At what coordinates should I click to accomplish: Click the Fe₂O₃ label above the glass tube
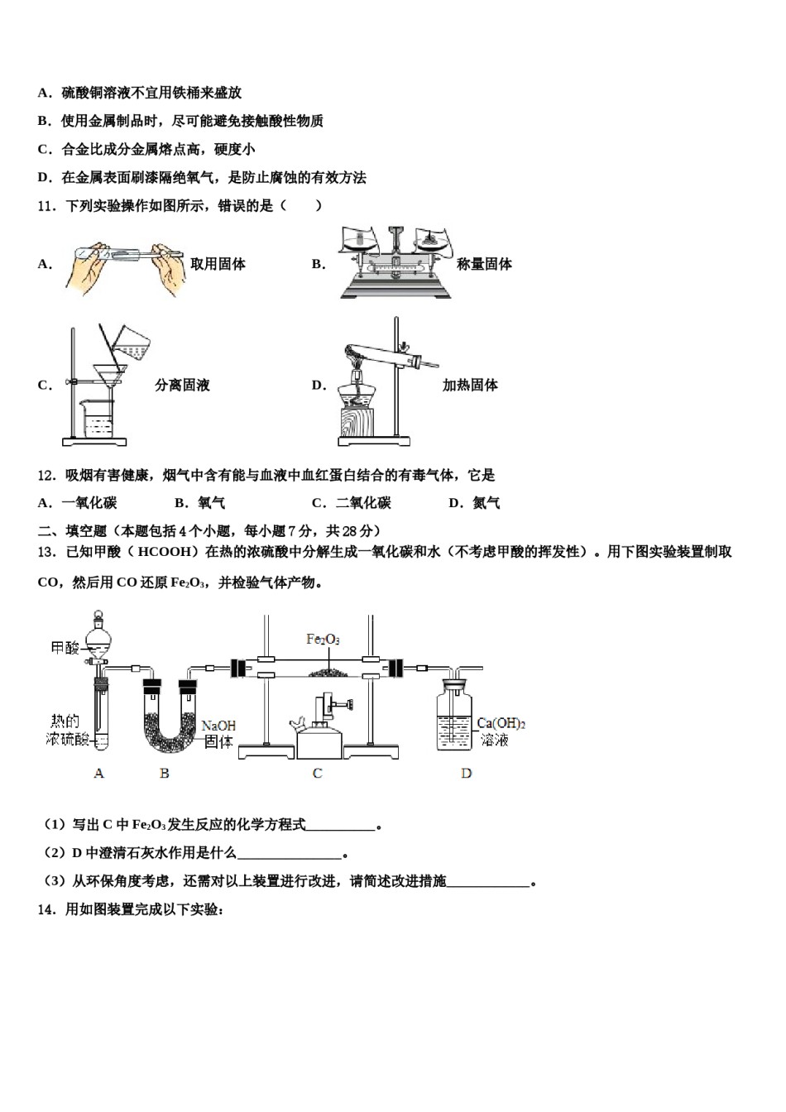coord(323,639)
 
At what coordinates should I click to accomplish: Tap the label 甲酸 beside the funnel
coord(65,647)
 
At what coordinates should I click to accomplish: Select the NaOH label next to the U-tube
coord(218,726)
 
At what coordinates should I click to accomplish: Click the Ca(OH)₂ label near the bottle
coord(501,723)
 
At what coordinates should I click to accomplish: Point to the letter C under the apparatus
coord(317,773)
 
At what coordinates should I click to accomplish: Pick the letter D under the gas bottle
coord(466,773)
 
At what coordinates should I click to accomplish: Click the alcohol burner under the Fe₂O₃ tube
coord(319,728)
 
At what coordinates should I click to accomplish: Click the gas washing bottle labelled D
coord(454,716)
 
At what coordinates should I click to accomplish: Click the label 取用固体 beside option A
coord(218,264)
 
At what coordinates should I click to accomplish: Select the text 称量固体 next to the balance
coord(484,264)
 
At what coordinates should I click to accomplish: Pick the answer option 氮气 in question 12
coord(486,502)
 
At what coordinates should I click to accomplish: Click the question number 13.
coord(46,552)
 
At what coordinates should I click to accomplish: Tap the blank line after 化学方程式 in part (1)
coord(341,825)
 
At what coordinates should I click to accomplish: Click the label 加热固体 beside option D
coord(470,385)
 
